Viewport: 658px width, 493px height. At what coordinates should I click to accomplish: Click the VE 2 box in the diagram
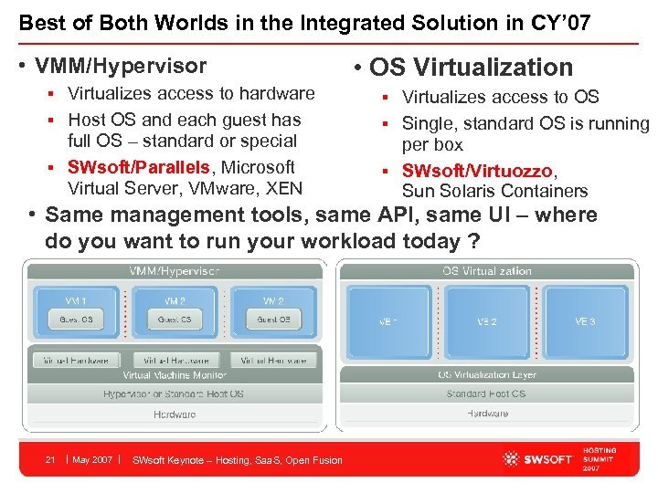[x=487, y=321]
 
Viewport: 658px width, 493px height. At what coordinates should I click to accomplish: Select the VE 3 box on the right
[x=585, y=321]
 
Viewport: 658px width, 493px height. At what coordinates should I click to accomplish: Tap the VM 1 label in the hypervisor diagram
[x=76, y=300]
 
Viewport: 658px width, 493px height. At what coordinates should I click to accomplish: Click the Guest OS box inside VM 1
[x=76, y=320]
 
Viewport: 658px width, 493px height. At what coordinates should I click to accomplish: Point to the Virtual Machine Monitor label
[x=174, y=375]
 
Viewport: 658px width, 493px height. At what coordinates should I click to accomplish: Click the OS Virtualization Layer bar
[x=487, y=375]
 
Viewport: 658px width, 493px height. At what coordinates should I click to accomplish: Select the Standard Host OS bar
[x=487, y=394]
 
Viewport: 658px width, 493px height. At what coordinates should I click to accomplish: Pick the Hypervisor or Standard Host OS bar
[x=174, y=394]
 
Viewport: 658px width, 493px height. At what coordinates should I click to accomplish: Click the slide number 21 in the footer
[x=51, y=459]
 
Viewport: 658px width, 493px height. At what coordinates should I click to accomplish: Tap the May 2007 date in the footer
[x=92, y=459]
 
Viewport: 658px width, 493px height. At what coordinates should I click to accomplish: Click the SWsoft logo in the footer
[x=537, y=458]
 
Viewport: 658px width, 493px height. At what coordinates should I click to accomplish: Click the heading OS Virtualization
[x=471, y=67]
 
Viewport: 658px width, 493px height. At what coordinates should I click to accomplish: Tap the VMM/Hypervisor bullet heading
[x=121, y=66]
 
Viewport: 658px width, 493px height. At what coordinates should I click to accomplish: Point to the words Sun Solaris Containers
[x=494, y=191]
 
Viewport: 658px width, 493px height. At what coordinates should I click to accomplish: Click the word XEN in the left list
[x=284, y=189]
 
